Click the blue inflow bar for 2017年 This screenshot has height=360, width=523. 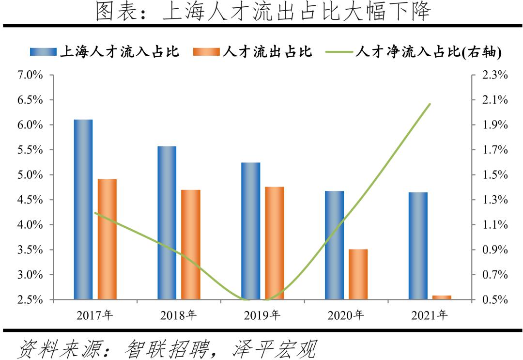83,209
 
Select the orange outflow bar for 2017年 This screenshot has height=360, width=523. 107,239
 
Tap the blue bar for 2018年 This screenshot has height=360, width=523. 167,222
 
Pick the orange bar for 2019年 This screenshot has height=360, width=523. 275,243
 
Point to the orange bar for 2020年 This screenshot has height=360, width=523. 358,274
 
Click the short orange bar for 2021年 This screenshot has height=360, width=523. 442,297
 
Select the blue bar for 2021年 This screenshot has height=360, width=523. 418,246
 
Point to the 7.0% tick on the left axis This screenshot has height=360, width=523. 31,75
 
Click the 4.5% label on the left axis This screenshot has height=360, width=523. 31,200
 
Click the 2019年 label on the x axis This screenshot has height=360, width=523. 262,315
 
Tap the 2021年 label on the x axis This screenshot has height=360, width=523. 430,315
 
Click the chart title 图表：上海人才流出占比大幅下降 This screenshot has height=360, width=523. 262,12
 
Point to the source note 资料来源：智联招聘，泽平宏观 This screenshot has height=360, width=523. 167,348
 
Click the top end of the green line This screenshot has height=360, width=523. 430,104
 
